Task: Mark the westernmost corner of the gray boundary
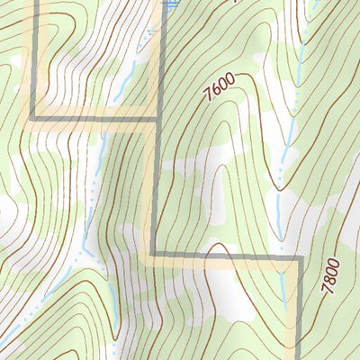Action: click(33, 118)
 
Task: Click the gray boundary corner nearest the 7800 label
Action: click(298, 259)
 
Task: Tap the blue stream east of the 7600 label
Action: click(290, 135)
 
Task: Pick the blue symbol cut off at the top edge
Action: click(169, 3)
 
